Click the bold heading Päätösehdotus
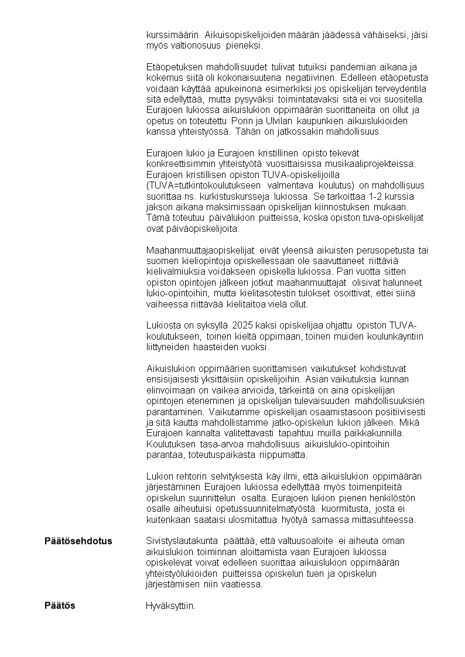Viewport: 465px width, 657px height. [78, 540]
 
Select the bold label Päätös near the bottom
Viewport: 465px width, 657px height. [60, 605]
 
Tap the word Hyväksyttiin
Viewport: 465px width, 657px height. [170, 605]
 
